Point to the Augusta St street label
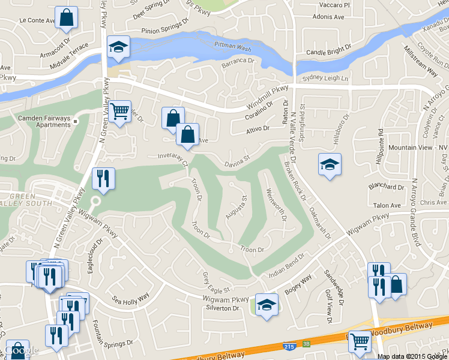(x=239, y=206)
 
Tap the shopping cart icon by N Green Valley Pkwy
(x=120, y=111)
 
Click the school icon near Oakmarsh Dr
(x=330, y=165)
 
